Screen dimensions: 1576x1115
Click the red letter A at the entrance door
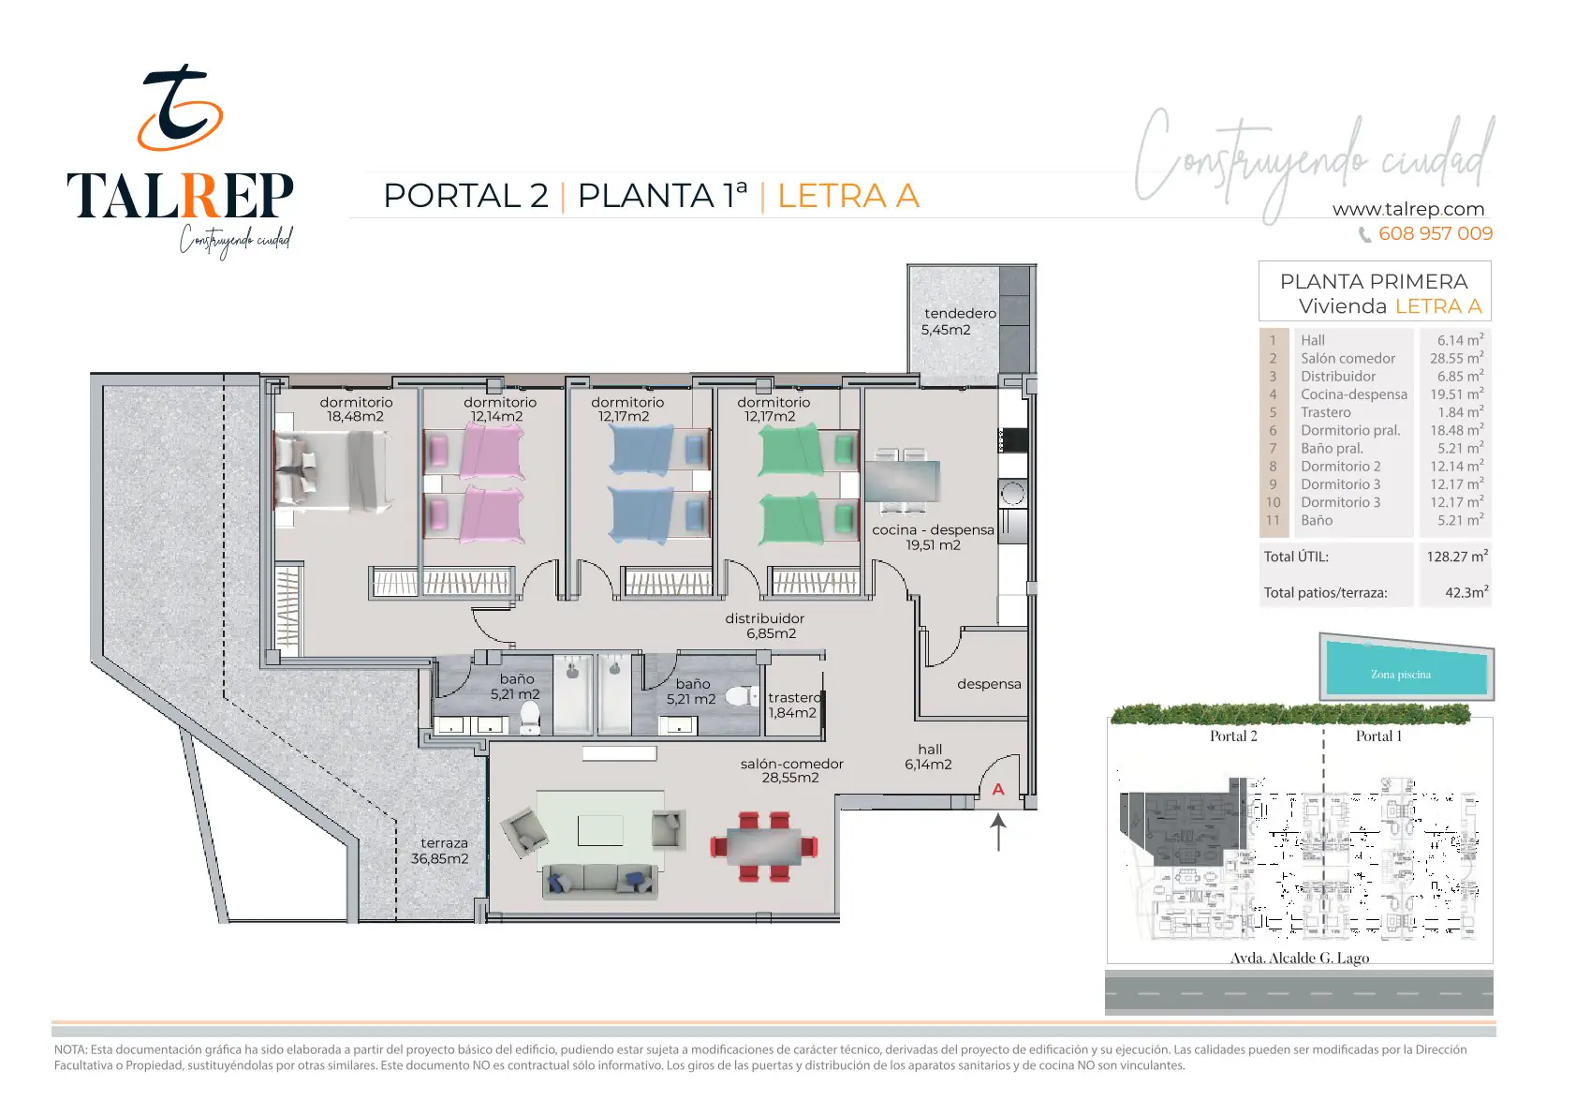pos(998,790)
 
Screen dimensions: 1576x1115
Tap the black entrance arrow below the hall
pos(998,833)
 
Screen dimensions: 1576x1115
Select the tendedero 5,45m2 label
pos(959,321)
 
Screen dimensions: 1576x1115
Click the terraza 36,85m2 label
pos(440,851)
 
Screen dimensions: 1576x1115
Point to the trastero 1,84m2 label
pos(794,706)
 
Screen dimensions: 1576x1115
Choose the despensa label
pos(989,684)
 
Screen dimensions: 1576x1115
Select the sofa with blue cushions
pos(599,881)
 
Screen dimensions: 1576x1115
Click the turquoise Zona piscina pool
pos(1407,672)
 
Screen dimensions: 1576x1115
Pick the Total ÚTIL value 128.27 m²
pos(1457,556)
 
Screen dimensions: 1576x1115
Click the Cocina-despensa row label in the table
pos(1354,394)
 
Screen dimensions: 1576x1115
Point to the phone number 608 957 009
pos(1436,233)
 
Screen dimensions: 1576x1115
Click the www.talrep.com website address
pos(1408,209)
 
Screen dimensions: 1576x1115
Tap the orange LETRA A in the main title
pos(848,196)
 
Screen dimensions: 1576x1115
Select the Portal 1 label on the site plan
pos(1379,736)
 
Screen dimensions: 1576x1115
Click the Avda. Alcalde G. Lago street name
pos(1300,958)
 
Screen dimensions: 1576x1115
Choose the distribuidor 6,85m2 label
pos(765,626)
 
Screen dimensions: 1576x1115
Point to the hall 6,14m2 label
pos(929,757)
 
